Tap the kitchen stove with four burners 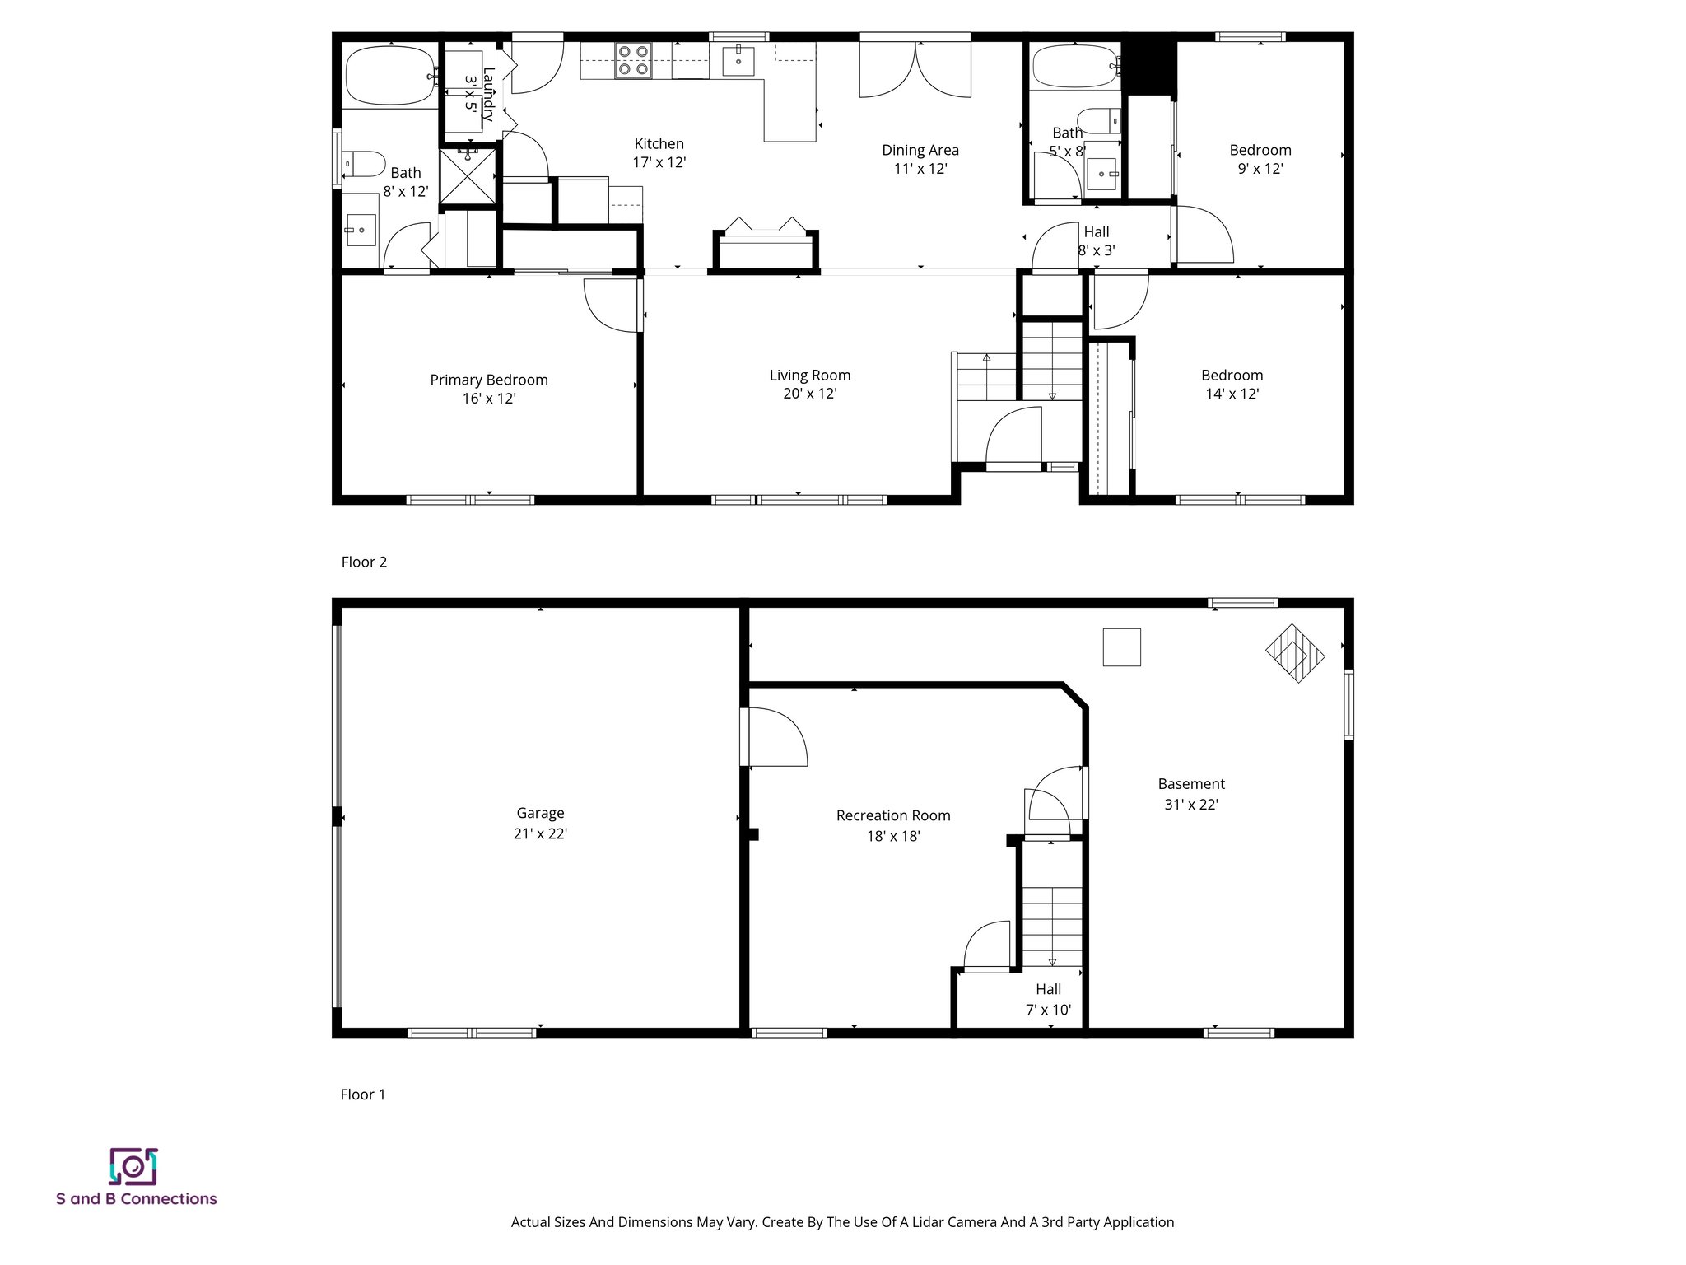(x=633, y=61)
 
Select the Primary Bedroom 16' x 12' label (x=489, y=389)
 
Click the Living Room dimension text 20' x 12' (x=810, y=394)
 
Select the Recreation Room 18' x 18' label (x=893, y=825)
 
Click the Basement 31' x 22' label (x=1191, y=794)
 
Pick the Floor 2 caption (x=364, y=562)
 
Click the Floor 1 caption (x=363, y=1095)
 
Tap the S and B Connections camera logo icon (x=133, y=1166)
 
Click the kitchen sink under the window (x=738, y=60)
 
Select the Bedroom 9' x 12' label (x=1260, y=159)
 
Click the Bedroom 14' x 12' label (x=1232, y=385)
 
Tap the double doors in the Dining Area (x=915, y=70)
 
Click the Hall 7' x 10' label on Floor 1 (x=1049, y=999)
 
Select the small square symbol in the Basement (x=1121, y=647)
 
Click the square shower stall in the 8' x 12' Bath (x=468, y=175)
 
